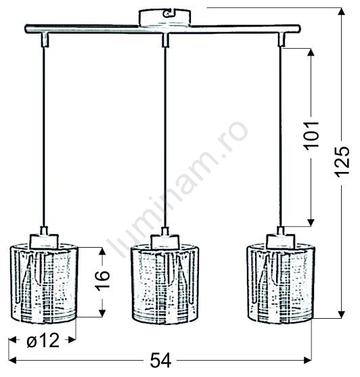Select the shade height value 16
click(x=103, y=281)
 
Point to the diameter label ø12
click(x=43, y=340)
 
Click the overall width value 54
click(x=161, y=361)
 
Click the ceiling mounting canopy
click(x=165, y=17)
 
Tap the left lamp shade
click(x=44, y=284)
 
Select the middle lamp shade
click(x=164, y=284)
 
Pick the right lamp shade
click(x=281, y=284)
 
